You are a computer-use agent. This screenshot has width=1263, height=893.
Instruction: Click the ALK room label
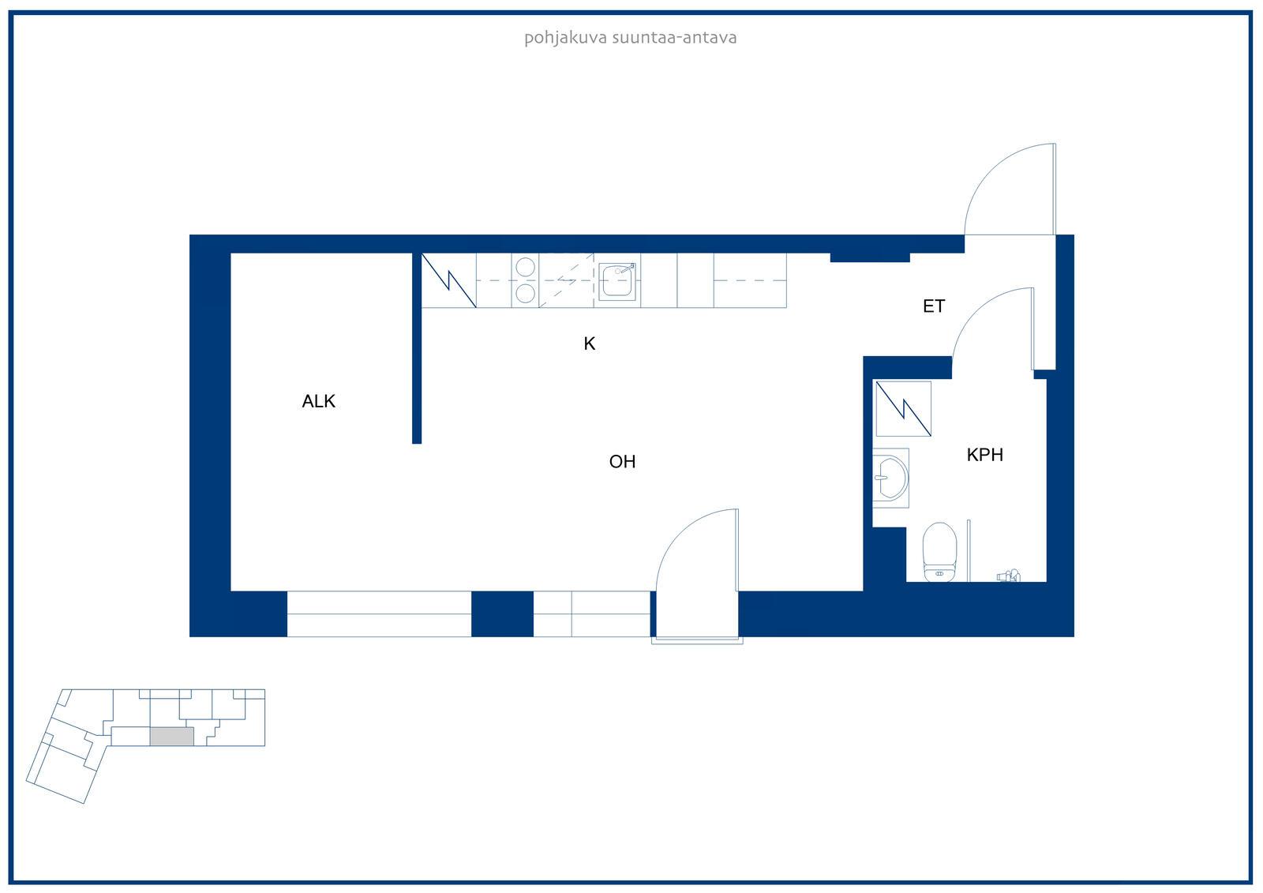[x=319, y=401]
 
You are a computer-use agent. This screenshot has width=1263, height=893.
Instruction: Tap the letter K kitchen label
[x=589, y=343]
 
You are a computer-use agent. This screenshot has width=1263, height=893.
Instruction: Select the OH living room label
[x=622, y=461]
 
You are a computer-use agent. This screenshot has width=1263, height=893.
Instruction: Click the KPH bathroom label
[x=984, y=454]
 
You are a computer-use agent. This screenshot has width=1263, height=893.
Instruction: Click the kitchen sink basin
[x=617, y=281]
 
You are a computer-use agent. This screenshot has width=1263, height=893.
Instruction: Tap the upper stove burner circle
[x=525, y=267]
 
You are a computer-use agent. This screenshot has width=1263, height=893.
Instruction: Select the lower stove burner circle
[x=525, y=294]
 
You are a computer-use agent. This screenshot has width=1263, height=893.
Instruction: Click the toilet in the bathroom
[x=939, y=552]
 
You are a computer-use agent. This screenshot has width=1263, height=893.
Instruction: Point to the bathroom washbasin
[x=890, y=478]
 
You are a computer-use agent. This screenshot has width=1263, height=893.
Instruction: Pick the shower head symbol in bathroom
[x=1009, y=576]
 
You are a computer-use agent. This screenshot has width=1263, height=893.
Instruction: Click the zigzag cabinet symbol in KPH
[x=903, y=408]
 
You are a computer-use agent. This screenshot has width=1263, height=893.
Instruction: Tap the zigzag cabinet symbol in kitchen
[x=449, y=280]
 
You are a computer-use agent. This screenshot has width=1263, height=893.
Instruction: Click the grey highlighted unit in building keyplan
[x=172, y=736]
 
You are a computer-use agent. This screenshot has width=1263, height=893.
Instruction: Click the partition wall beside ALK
[x=417, y=349]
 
